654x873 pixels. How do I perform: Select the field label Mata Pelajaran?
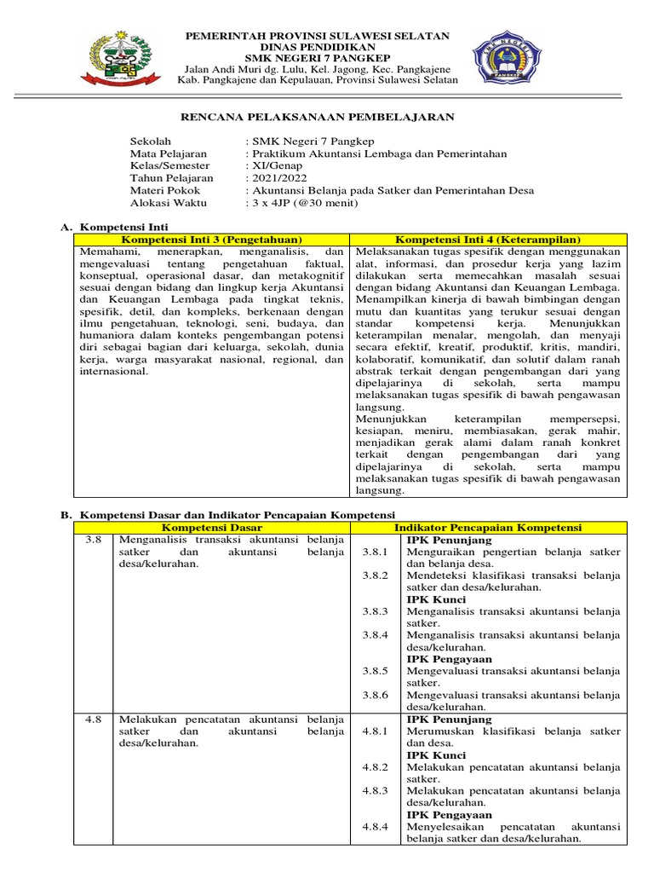pyautogui.click(x=168, y=154)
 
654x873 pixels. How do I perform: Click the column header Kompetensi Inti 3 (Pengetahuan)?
pyautogui.click(x=212, y=241)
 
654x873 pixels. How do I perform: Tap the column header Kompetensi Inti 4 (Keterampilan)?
pyautogui.click(x=489, y=241)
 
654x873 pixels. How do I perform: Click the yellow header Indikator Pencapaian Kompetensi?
pyautogui.click(x=489, y=529)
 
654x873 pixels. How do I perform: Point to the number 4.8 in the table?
pyautogui.click(x=94, y=720)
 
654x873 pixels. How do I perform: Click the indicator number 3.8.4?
pyautogui.click(x=375, y=635)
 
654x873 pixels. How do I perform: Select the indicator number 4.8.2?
pyautogui.click(x=375, y=767)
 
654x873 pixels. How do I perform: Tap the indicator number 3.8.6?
pyautogui.click(x=375, y=695)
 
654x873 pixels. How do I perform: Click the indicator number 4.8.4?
pyautogui.click(x=375, y=827)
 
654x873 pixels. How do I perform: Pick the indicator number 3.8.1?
pyautogui.click(x=375, y=552)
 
